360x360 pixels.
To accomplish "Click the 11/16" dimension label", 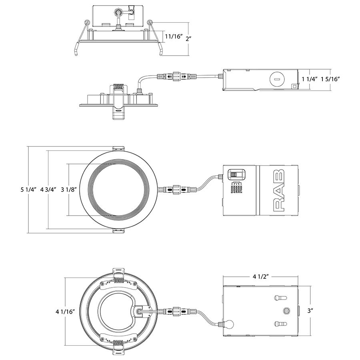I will click(x=174, y=37).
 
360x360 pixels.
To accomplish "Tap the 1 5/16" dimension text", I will click(x=330, y=79).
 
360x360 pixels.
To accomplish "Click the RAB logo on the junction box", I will click(x=278, y=189).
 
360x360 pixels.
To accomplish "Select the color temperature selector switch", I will click(x=236, y=175).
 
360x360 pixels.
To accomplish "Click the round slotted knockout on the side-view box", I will click(x=276, y=79).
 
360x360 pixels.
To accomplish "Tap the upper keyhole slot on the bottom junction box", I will click(x=279, y=298).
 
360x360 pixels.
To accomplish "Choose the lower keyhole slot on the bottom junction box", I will click(x=279, y=324).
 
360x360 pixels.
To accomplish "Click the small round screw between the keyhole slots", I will click(x=286, y=311).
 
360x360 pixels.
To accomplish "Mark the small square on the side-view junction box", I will click(x=295, y=85).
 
